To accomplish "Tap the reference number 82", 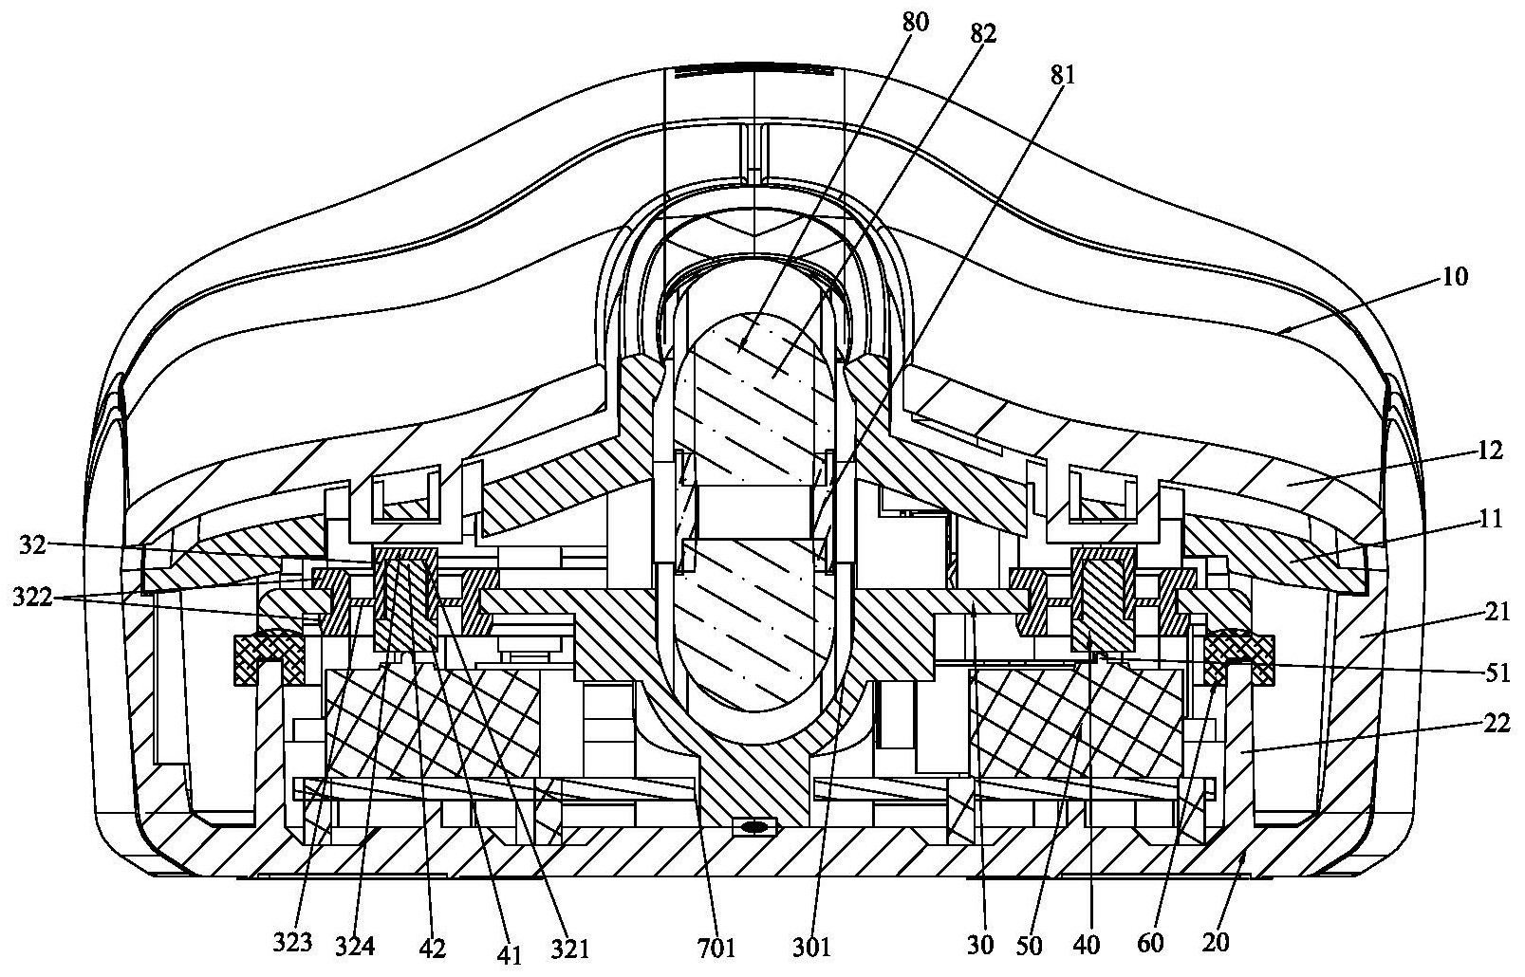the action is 983,34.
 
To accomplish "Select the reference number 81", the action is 1062,76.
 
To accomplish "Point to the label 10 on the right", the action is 1455,277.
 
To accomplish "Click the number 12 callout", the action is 1490,451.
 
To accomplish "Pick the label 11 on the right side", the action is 1490,519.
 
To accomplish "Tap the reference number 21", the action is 1497,613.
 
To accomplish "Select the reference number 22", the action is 1497,723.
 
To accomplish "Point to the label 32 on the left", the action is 32,545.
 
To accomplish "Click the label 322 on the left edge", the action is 32,598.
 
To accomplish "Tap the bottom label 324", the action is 355,946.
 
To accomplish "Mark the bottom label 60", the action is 1150,944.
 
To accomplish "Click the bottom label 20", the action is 1216,943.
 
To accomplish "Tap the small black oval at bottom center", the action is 753,827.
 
